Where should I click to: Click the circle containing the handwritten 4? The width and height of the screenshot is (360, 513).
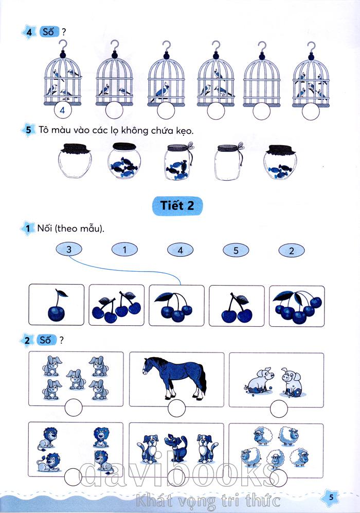[x=62, y=110]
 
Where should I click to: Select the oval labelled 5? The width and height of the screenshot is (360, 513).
[x=236, y=251]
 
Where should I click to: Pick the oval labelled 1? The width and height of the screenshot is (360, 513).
[x=124, y=250]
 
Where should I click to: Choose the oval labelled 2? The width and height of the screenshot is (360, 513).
[x=291, y=251]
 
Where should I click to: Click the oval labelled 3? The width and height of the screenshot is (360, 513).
[x=69, y=250]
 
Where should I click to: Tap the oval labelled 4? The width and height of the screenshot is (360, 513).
[x=180, y=250]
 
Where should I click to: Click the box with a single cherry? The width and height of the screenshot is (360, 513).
[x=56, y=305]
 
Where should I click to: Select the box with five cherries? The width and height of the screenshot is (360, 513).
[x=297, y=306]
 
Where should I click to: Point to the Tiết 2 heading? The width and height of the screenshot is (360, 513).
[x=177, y=206]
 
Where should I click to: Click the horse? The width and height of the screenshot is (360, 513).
[x=174, y=377]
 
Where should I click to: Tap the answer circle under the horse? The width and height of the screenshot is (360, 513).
[x=176, y=408]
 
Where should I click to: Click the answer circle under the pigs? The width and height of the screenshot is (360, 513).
[x=279, y=409]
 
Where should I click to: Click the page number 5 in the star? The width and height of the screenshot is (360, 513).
[x=331, y=497]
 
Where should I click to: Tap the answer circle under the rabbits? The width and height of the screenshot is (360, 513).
[x=74, y=408]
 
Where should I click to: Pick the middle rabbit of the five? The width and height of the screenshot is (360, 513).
[x=76, y=380]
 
